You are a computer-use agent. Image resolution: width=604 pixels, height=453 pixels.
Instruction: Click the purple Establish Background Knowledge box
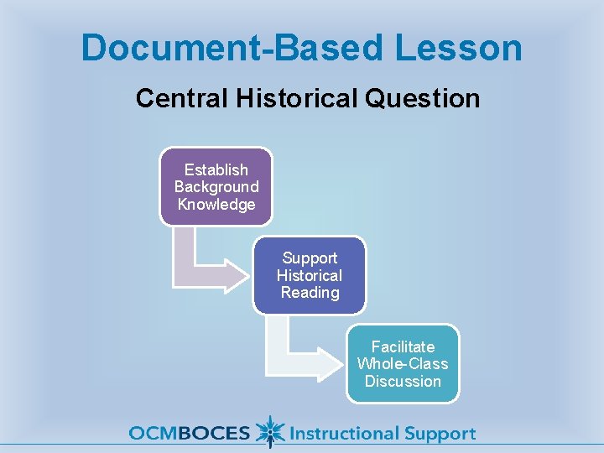216,187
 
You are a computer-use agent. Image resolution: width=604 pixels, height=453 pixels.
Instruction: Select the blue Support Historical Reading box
310,275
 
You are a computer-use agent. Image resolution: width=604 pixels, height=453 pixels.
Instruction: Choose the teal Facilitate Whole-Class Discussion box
403,363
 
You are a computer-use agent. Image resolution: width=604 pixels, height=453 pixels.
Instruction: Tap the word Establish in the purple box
216,170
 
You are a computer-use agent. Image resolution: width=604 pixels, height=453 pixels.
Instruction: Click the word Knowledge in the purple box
216,205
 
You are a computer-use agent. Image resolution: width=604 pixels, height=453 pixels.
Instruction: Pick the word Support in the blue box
310,258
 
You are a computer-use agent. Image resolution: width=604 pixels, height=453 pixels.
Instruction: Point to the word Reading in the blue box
310,293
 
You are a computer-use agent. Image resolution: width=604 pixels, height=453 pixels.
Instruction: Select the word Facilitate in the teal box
403,346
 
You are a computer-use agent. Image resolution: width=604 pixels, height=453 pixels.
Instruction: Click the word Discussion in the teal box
403,382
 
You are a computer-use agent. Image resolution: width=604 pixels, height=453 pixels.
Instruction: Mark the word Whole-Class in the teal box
403,364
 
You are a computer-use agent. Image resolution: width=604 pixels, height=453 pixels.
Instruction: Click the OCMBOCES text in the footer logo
189,434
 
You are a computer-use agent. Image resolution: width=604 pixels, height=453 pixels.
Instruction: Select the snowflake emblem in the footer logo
269,432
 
